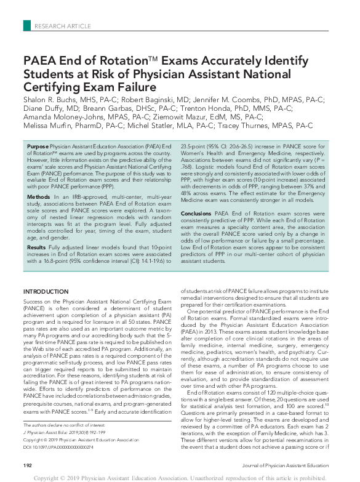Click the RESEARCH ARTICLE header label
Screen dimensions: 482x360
[63, 25]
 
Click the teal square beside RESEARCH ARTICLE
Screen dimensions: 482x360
[26, 25]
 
